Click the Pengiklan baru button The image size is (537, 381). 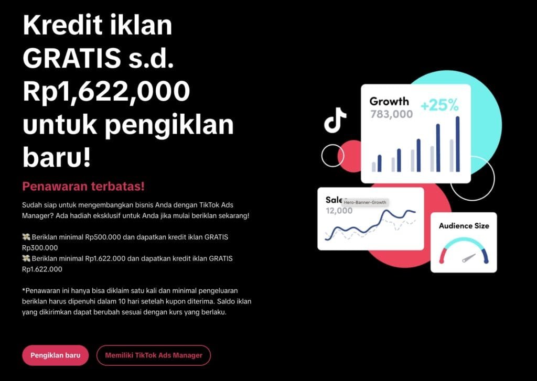[56, 355]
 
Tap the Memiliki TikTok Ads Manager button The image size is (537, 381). [154, 355]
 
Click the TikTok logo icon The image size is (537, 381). [335, 120]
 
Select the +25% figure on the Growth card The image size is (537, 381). [439, 105]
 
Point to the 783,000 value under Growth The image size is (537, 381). [391, 114]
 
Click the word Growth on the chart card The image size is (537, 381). [389, 101]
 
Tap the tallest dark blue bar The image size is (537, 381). [457, 144]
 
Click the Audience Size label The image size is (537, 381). [464, 225]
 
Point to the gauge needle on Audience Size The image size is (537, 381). [469, 258]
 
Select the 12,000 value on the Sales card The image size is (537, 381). [339, 211]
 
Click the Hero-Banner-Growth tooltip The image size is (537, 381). [365, 202]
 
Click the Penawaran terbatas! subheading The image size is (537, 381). [83, 186]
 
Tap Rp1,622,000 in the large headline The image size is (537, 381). [106, 91]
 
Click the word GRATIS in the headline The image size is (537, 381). [71, 58]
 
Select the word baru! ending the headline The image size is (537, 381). [57, 157]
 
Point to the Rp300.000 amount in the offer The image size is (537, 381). [40, 248]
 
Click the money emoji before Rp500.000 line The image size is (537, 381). [26, 237]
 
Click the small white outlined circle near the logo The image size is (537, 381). [332, 156]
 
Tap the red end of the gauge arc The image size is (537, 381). [443, 256]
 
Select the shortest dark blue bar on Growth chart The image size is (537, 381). [380, 164]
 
